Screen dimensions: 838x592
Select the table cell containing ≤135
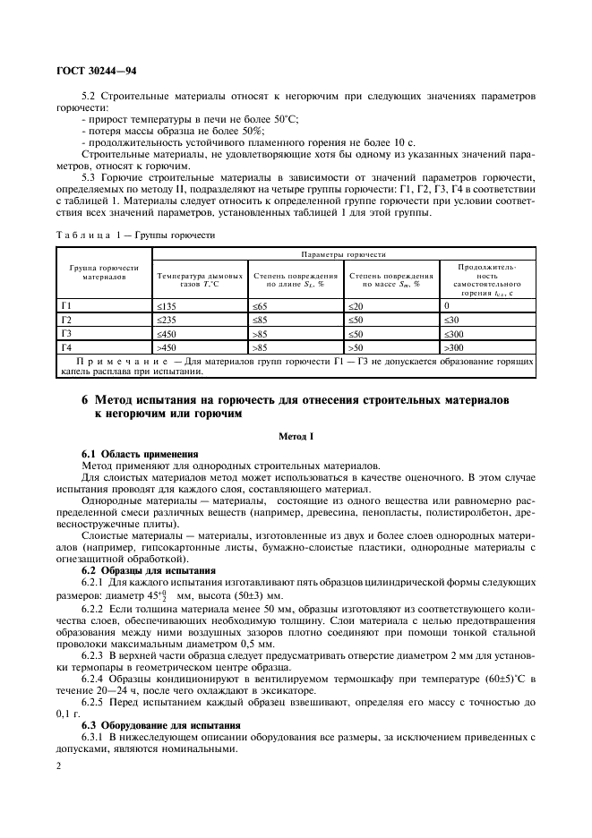point(167,306)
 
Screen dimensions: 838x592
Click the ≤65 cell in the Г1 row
point(262,306)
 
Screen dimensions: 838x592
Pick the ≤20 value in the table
point(356,306)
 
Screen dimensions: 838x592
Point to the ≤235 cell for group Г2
point(167,320)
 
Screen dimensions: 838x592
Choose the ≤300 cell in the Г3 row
point(455,332)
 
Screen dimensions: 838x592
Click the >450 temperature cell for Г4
point(167,346)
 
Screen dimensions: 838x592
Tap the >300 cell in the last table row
point(455,346)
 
